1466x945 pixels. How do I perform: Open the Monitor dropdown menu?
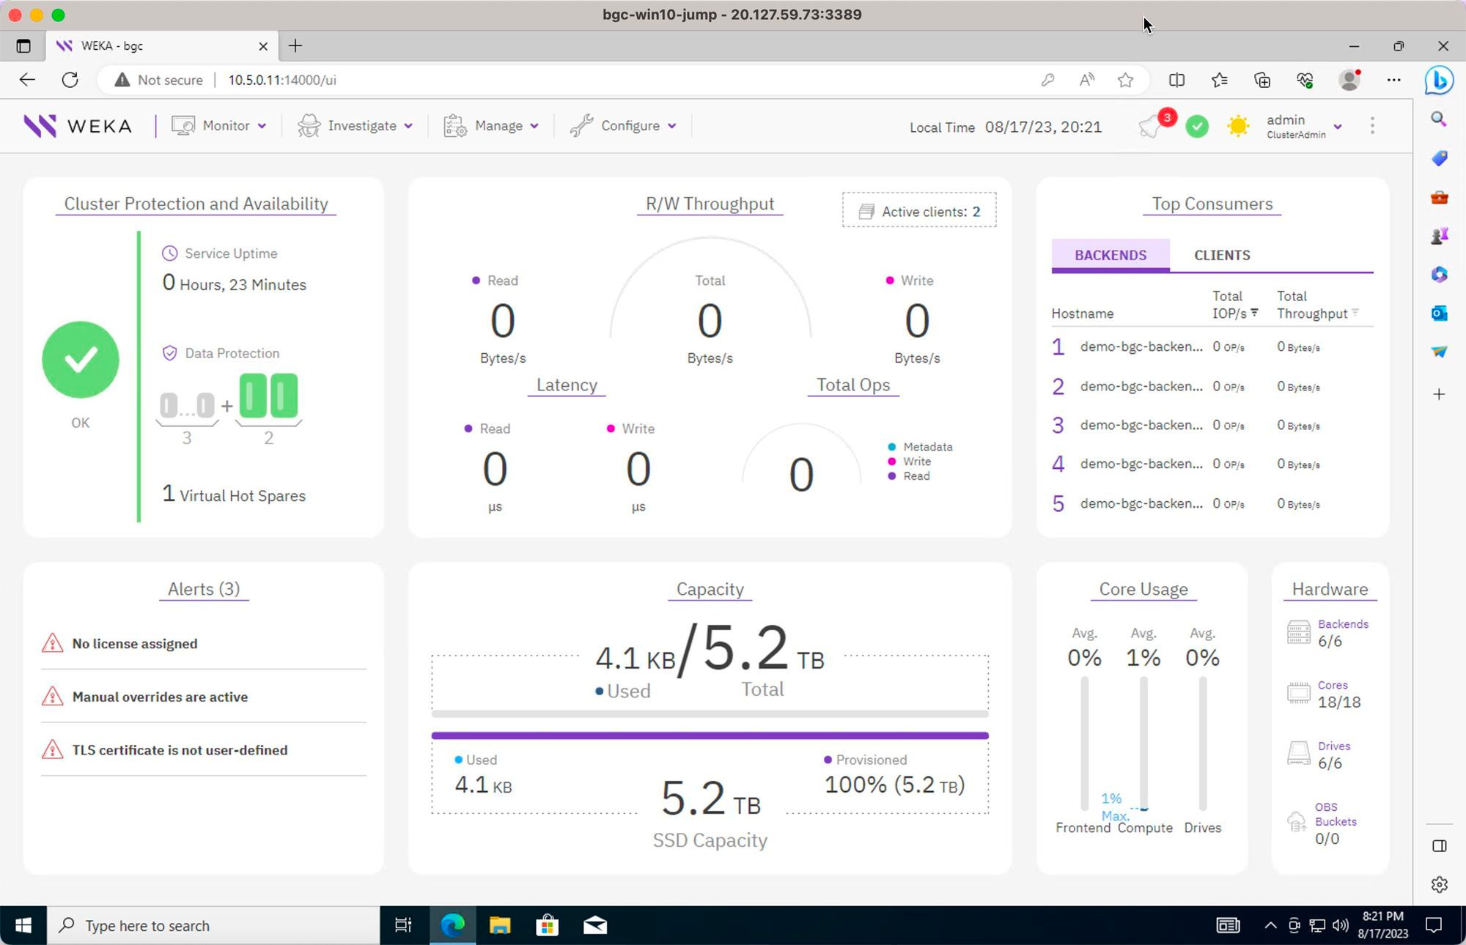coord(218,126)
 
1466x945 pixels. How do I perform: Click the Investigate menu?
coord(356,126)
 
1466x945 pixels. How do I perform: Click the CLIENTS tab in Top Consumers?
coord(1222,255)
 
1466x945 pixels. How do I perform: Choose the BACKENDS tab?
coord(1110,255)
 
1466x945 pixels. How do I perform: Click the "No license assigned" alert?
coord(134,643)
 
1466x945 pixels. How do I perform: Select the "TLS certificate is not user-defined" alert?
coord(180,750)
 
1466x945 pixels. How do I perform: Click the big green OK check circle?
coord(81,360)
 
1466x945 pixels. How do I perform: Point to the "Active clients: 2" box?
coord(919,211)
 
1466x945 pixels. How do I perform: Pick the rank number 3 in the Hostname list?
coord(1058,426)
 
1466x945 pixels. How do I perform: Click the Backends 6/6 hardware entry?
coord(1329,633)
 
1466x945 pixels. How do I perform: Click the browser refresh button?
coord(70,80)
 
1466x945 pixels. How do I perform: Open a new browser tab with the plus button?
coord(295,46)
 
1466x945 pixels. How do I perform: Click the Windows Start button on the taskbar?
coord(23,926)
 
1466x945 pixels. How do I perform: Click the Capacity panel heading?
coord(710,589)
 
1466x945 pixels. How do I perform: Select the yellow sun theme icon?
coord(1238,126)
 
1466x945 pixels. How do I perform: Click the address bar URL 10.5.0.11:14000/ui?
coord(282,80)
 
